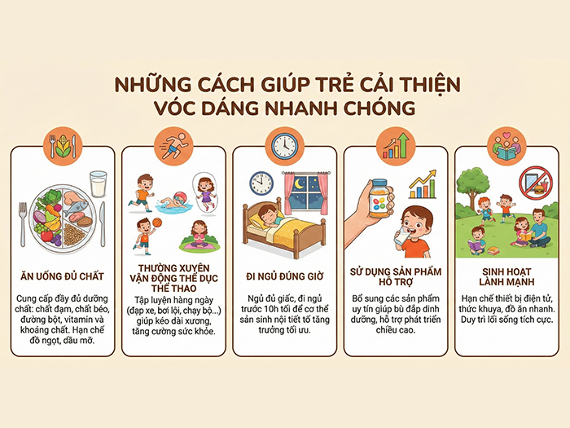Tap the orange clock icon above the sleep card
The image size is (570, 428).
285,145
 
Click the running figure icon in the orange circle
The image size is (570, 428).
173,145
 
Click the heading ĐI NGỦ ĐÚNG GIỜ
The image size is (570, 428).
285,276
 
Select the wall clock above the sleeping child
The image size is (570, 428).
260,182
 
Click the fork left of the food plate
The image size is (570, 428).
24,219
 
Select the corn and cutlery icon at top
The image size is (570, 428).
63,145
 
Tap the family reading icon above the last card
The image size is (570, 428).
506,145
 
